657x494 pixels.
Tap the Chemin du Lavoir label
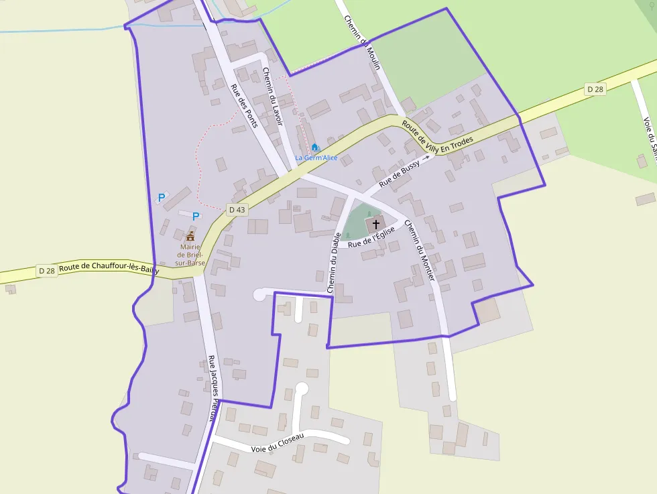point(273,97)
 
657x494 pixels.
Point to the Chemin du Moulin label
point(362,42)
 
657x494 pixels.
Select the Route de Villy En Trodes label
point(438,135)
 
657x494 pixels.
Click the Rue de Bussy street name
point(400,173)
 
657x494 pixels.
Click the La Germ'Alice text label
point(316,158)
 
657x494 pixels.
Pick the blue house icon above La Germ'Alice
point(315,147)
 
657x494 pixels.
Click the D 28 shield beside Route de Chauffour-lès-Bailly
point(46,271)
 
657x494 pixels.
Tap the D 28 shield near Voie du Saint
point(595,89)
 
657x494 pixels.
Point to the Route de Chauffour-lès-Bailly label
point(109,269)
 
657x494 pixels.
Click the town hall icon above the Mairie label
point(190,236)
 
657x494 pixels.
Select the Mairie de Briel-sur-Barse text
point(190,254)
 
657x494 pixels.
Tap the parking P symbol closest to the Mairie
point(196,217)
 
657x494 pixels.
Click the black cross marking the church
point(375,223)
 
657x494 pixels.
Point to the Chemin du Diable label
point(333,262)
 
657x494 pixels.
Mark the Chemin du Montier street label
point(420,251)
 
